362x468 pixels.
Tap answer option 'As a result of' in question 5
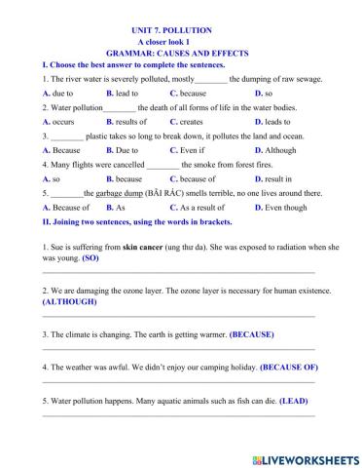(x=199, y=208)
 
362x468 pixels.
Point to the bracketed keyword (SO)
(x=90, y=260)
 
